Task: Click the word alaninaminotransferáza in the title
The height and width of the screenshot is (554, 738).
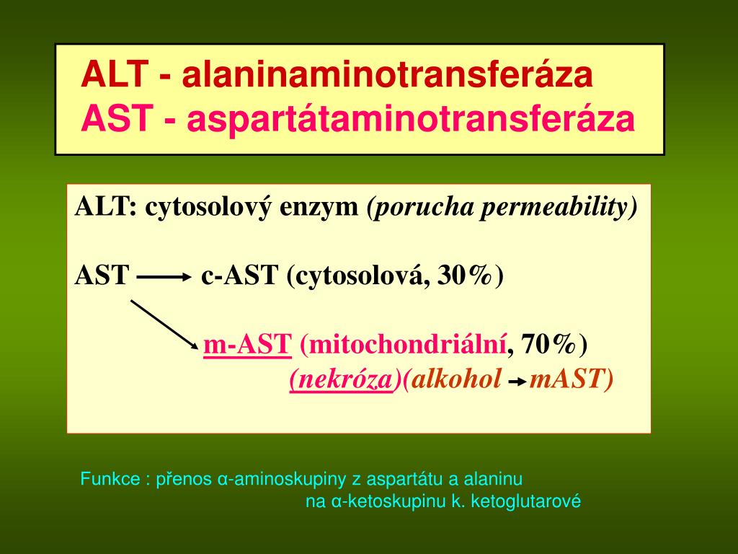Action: pyautogui.click(x=387, y=74)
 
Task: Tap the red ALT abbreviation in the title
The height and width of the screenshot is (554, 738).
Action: pyautogui.click(x=115, y=74)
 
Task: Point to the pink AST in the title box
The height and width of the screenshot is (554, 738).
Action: pyautogui.click(x=117, y=118)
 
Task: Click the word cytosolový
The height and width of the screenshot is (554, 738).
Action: pyautogui.click(x=208, y=207)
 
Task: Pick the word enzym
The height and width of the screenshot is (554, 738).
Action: pyautogui.click(x=319, y=208)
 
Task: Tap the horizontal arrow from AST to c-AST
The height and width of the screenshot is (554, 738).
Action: pyautogui.click(x=161, y=278)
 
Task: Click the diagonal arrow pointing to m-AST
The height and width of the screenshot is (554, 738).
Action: pyautogui.click(x=165, y=325)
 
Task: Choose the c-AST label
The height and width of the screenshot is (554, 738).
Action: pyautogui.click(x=239, y=276)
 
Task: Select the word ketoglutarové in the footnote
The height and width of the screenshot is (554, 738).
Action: pyautogui.click(x=525, y=501)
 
